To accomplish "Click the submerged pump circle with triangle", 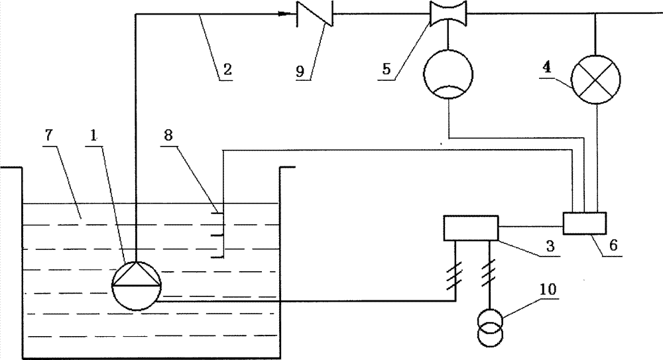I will click(135, 284).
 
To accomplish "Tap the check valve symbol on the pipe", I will click(314, 13).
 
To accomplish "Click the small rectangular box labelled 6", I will click(583, 223).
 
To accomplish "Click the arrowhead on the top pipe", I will click(289, 13).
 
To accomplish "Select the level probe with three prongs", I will click(218, 233).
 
